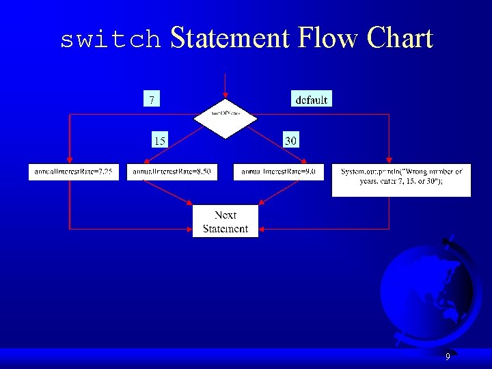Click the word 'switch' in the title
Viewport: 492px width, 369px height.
[x=110, y=40]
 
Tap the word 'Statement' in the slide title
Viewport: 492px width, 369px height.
[x=230, y=38]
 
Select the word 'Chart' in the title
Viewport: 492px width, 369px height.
[x=400, y=38]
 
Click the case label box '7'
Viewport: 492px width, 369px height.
[x=151, y=99]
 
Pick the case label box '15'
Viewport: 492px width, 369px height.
[x=159, y=141]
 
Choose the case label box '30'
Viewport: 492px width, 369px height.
[x=290, y=141]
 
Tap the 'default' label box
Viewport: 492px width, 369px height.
[x=311, y=99]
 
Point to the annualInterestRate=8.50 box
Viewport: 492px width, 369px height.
[x=172, y=172]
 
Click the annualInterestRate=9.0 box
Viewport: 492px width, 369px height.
[x=278, y=172]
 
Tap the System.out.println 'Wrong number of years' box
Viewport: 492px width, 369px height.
[x=401, y=179]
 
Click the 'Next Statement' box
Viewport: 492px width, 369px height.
[x=225, y=221]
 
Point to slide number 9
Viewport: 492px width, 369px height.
[x=448, y=357]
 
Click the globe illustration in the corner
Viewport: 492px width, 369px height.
[x=420, y=290]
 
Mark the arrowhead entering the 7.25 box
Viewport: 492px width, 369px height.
[x=69, y=161]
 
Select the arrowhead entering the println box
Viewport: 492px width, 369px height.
[x=389, y=161]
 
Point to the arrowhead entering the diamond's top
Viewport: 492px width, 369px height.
[x=225, y=99]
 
